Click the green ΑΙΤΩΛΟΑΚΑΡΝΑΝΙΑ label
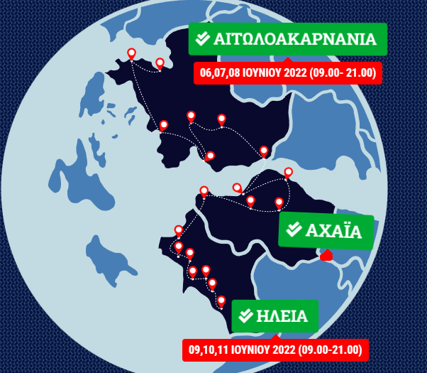pyautogui.click(x=287, y=38)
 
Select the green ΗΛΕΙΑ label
pyautogui.click(x=275, y=316)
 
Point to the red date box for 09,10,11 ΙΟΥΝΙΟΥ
pyautogui.click(x=275, y=350)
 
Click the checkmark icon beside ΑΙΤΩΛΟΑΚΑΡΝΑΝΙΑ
pyautogui.click(x=203, y=39)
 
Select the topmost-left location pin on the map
pyautogui.click(x=131, y=53)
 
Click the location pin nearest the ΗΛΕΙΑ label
pyautogui.click(x=221, y=301)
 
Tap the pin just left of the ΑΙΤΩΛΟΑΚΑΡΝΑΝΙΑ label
pyautogui.click(x=160, y=63)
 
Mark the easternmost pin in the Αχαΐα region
pyautogui.click(x=288, y=173)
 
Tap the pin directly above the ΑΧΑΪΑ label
pyautogui.click(x=279, y=202)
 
